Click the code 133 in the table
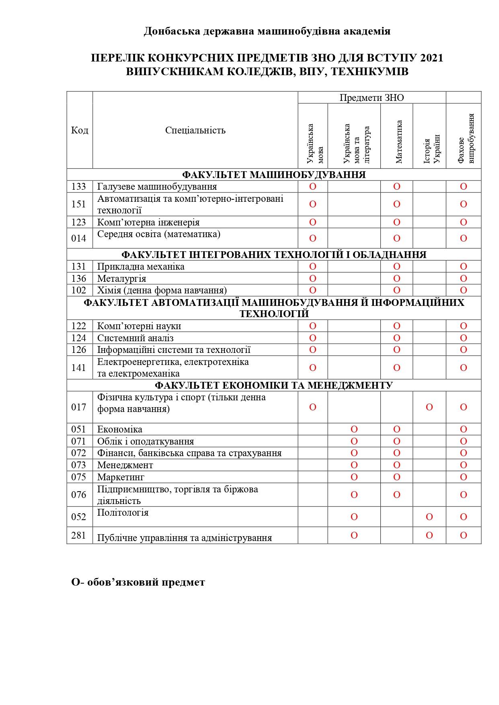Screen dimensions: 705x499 click(79, 186)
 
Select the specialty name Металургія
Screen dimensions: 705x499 click(121, 279)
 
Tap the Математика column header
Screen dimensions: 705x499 click(398, 142)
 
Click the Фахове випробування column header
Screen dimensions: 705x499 click(466, 139)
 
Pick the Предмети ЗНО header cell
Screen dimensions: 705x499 click(372, 98)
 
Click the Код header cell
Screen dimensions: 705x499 click(80, 130)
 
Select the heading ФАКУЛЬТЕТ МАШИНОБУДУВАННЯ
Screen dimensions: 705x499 click(274, 175)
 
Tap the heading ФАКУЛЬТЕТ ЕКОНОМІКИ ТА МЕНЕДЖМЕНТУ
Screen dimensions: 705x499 click(274, 385)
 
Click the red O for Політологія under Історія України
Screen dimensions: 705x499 click(429, 517)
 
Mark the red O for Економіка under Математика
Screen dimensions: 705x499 click(397, 429)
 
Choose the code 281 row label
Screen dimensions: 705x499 click(79, 535)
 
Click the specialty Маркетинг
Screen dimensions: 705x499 click(121, 477)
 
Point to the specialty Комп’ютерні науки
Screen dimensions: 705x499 click(139, 326)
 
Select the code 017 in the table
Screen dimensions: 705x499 click(79, 407)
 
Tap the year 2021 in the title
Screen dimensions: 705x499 click(431, 58)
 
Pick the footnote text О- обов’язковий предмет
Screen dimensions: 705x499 click(138, 582)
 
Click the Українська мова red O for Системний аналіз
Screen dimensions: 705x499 click(313, 338)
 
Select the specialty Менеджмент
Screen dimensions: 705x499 click(125, 465)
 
